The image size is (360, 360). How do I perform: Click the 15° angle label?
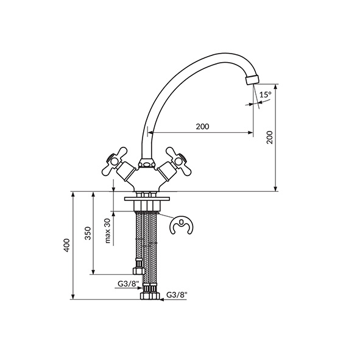[266, 94]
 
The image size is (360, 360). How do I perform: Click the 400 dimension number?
[66, 245]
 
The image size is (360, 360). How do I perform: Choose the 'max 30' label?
[108, 230]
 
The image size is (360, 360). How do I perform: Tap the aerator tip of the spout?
[252, 79]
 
